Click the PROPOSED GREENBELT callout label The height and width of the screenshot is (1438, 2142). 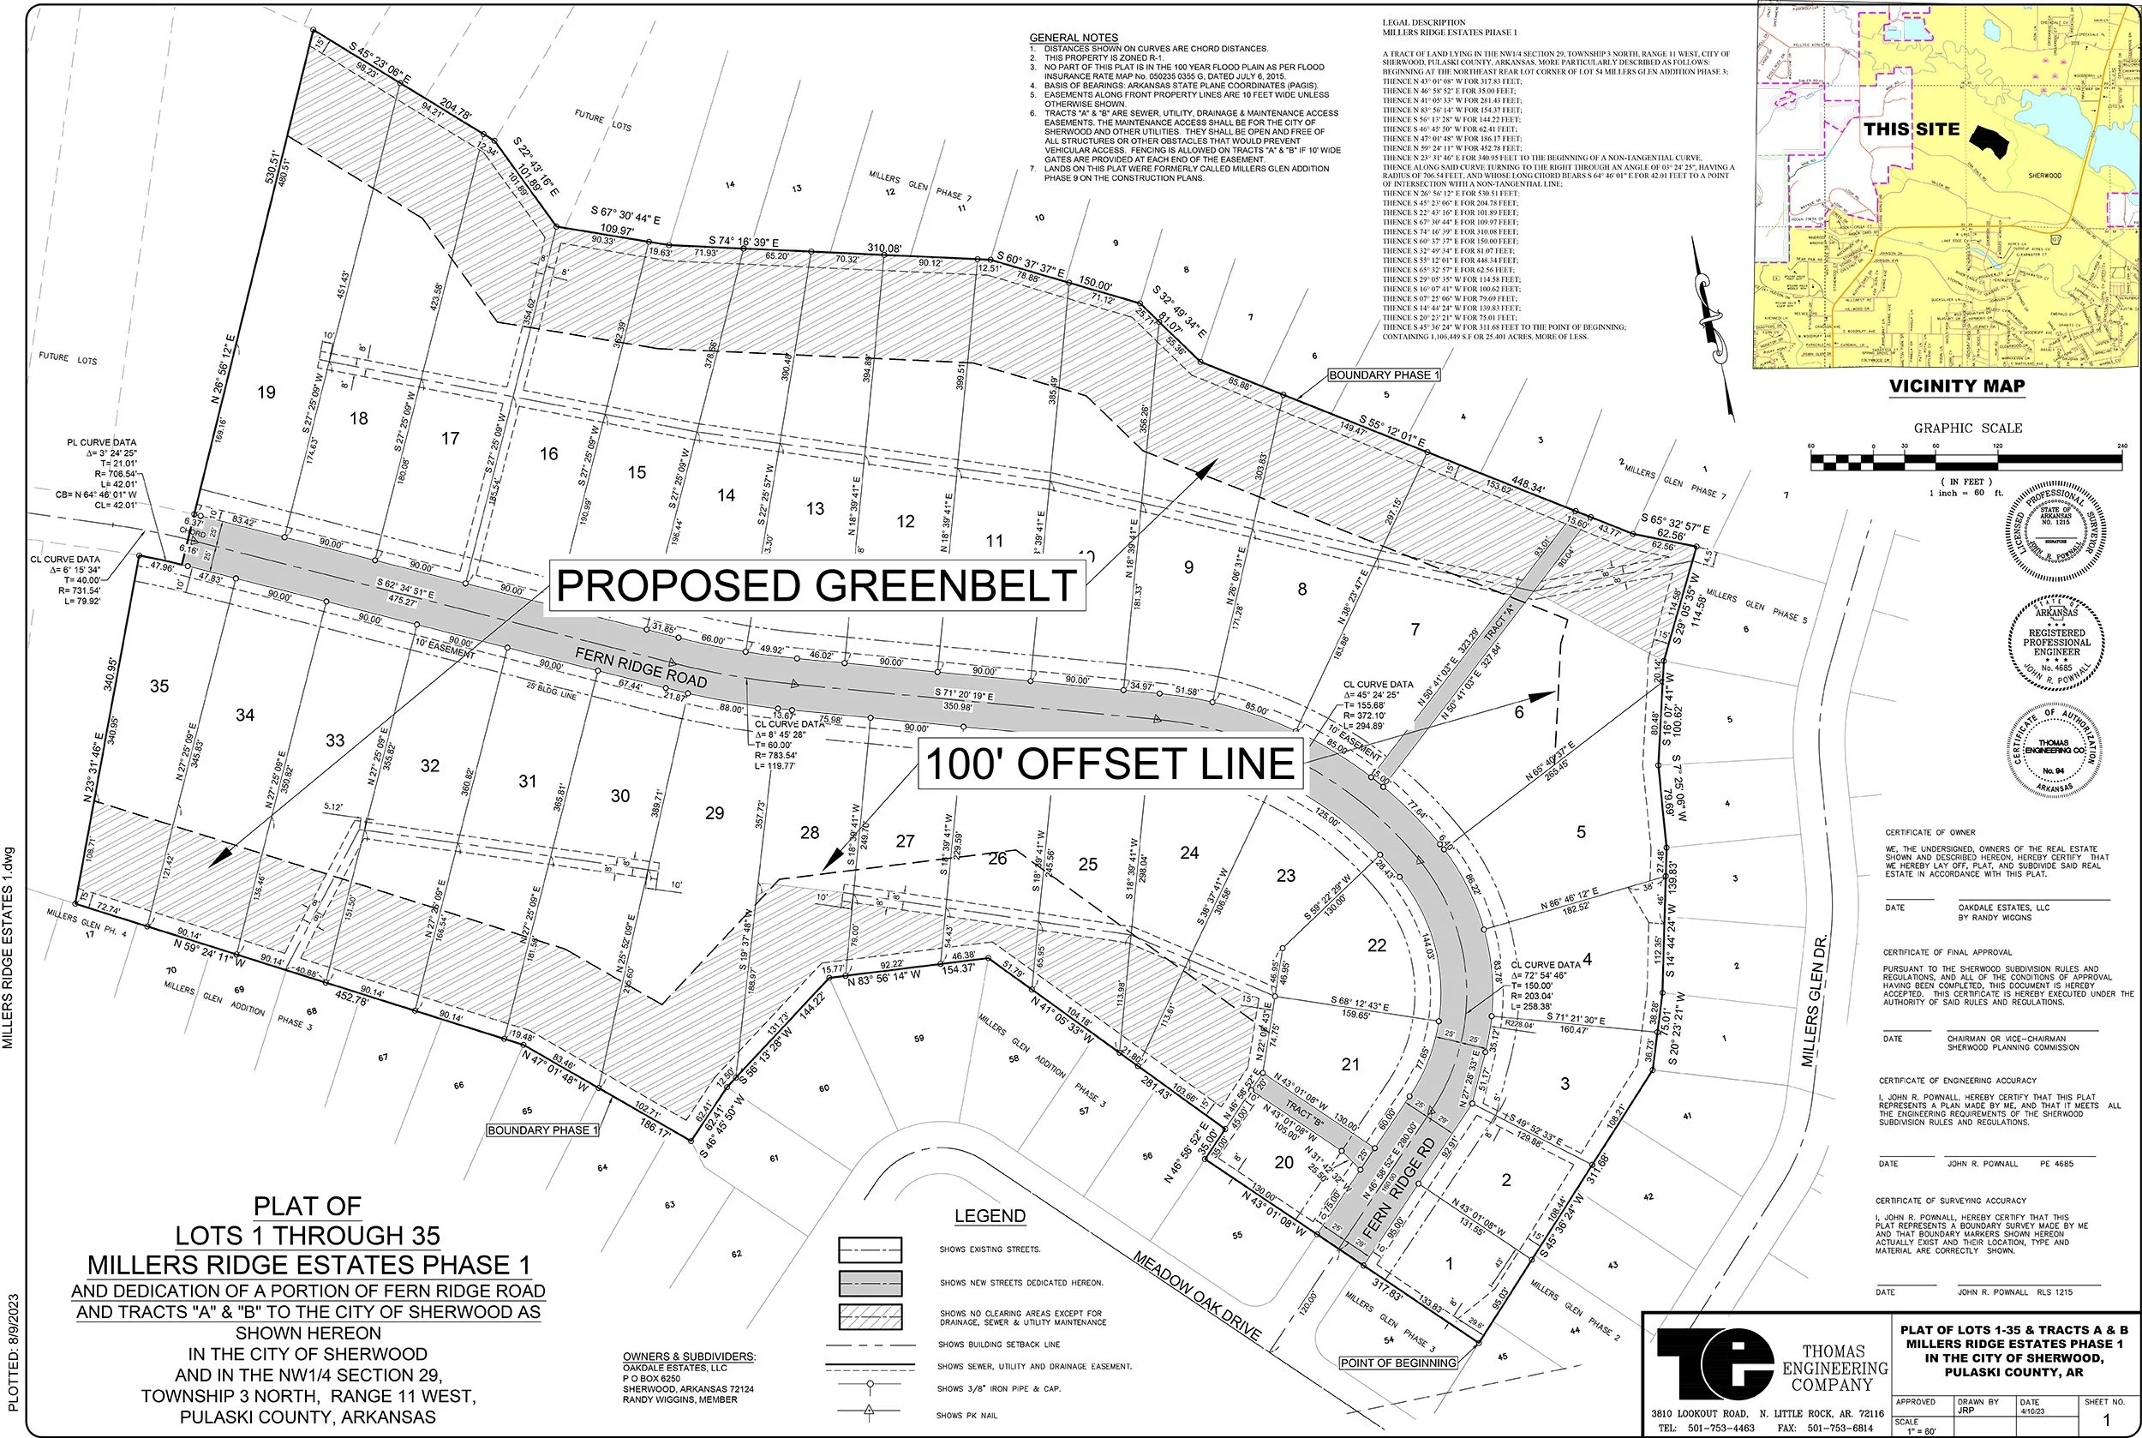point(816,586)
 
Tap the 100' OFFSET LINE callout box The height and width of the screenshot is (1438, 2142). point(1110,764)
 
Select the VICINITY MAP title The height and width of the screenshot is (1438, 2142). point(1957,386)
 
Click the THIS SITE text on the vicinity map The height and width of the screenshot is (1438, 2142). point(1911,129)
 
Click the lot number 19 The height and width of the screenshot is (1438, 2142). point(266,392)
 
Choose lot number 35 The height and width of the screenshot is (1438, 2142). point(159,686)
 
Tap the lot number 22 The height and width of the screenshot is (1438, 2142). point(1376,945)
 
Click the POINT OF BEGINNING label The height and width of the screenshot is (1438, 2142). point(1397,1363)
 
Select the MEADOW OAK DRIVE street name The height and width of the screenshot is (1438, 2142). point(1197,1295)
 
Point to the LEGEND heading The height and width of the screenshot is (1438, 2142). point(990,1216)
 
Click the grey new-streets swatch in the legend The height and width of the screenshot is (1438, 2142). point(870,1283)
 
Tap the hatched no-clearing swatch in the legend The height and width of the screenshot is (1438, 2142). point(870,1317)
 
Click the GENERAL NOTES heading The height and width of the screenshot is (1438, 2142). point(1060,38)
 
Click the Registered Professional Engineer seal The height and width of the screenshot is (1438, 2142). point(2055,643)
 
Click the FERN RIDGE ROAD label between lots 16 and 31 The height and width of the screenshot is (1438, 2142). point(641,667)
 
